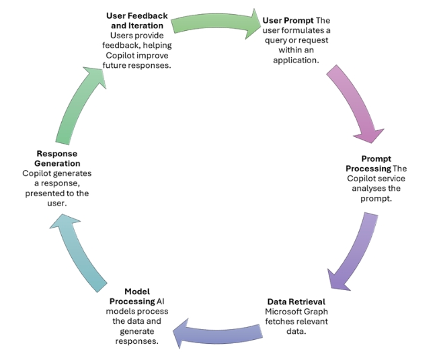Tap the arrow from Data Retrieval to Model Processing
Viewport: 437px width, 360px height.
point(217,332)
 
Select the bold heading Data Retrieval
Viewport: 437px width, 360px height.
point(296,302)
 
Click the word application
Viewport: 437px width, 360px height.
point(296,60)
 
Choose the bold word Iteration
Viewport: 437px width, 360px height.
point(147,26)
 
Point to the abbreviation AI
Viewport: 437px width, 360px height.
point(160,302)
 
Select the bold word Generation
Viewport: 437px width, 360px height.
point(57,163)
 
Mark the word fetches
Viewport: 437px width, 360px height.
point(278,322)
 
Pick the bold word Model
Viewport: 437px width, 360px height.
point(137,291)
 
